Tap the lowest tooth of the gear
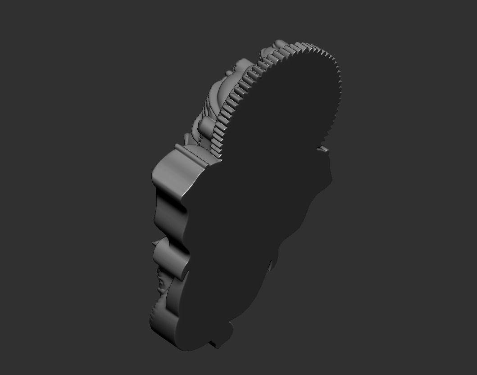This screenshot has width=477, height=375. click(220, 155)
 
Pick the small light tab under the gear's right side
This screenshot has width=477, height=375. click(324, 148)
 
